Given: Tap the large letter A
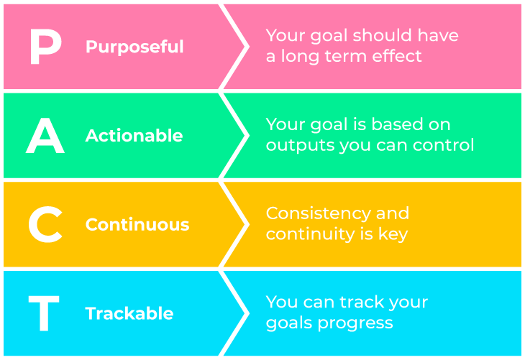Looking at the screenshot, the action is point(45,136).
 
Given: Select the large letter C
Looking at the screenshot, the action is point(45,224).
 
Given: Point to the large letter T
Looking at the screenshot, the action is point(44,313).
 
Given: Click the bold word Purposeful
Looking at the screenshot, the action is point(134,47).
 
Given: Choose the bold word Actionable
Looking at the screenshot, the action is point(134,136).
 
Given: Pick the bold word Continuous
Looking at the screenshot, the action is point(137,224).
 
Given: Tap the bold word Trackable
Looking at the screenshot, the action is point(129,313).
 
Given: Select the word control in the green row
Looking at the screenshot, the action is point(443,145).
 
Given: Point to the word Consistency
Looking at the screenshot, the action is point(319,214).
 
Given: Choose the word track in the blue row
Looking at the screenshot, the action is point(360,302).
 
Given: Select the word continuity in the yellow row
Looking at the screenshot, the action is point(311,234).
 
